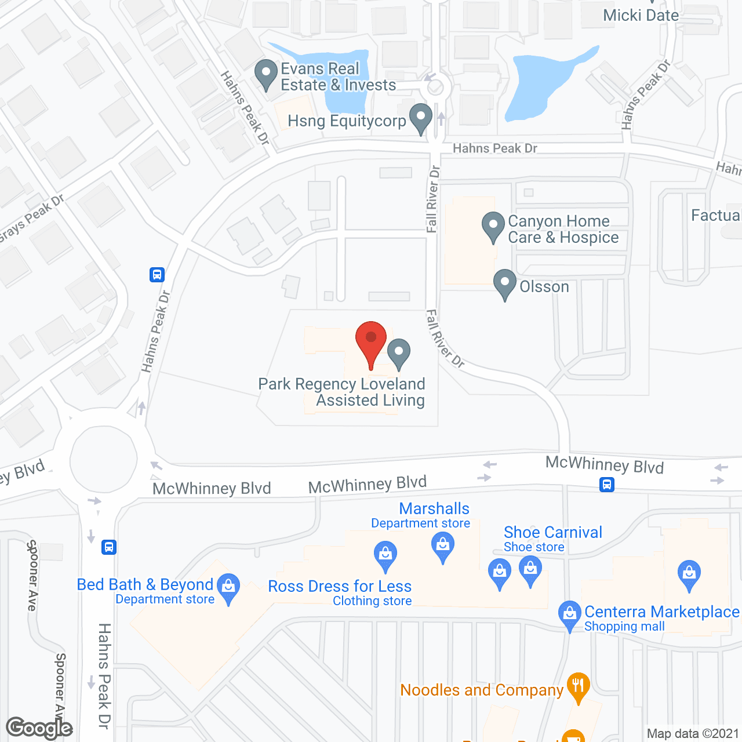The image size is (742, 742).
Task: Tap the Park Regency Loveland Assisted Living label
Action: pyautogui.click(x=342, y=392)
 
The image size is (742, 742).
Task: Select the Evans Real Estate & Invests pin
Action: pyautogui.click(x=266, y=75)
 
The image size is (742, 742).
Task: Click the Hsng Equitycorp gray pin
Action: pyautogui.click(x=421, y=118)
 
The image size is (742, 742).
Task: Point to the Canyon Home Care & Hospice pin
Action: pyautogui.click(x=493, y=227)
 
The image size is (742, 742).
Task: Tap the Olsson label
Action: pyautogui.click(x=544, y=287)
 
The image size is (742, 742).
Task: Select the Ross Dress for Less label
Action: pyautogui.click(x=340, y=587)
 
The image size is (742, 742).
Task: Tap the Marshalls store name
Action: pyautogui.click(x=434, y=509)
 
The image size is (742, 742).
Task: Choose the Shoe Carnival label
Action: pyautogui.click(x=553, y=533)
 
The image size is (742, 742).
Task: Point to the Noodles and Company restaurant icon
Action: pyautogui.click(x=577, y=687)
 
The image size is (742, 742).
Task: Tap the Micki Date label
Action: pyautogui.click(x=641, y=16)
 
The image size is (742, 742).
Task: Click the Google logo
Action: pyautogui.click(x=39, y=728)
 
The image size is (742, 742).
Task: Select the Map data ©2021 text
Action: pyautogui.click(x=693, y=733)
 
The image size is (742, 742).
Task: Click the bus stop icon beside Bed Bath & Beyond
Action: pyautogui.click(x=109, y=547)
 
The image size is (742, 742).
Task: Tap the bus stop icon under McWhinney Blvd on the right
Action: pyautogui.click(x=607, y=484)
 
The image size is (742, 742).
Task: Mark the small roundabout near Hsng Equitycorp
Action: pyautogui.click(x=435, y=88)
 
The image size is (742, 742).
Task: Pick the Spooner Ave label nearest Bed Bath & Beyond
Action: pyautogui.click(x=32, y=575)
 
